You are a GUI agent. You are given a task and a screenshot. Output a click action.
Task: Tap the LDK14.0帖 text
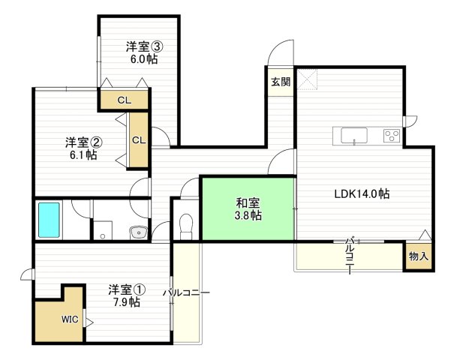point(362,193)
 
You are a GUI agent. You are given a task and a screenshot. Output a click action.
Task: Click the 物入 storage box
point(418,256)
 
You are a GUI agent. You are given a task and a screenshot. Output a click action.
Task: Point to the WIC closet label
point(70,319)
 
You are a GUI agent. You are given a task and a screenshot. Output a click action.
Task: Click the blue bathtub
point(50,219)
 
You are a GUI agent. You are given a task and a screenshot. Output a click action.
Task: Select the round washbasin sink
point(138,232)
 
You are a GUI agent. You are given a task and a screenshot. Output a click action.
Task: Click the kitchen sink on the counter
point(354,135)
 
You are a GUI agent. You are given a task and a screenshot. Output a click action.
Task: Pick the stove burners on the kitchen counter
point(391,135)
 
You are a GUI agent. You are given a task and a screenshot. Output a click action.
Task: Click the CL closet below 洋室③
point(125,99)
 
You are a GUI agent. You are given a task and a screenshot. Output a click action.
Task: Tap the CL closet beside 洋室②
point(139,139)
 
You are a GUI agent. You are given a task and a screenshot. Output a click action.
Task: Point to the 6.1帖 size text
point(80,155)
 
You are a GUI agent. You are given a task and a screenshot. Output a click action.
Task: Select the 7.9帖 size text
point(125,302)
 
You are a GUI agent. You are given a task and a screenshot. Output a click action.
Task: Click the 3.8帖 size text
point(248,216)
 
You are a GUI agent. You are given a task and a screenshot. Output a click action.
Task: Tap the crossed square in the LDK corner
point(309,79)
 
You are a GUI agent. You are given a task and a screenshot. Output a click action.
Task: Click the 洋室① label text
point(125,289)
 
